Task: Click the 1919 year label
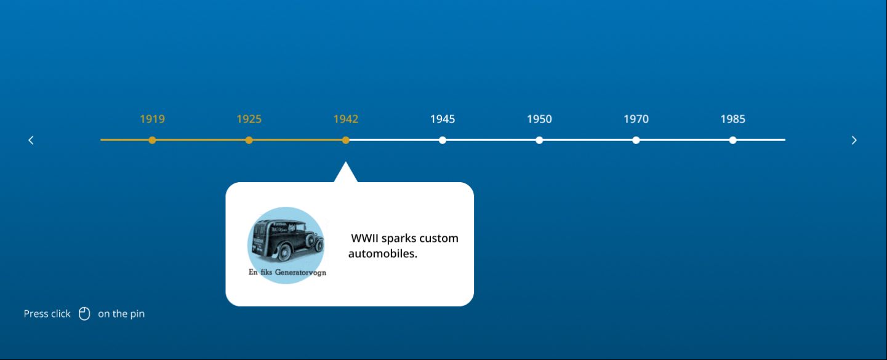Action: point(152,119)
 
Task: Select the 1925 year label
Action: point(249,119)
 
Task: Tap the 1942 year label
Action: point(345,119)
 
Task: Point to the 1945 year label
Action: point(442,119)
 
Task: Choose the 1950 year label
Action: point(539,119)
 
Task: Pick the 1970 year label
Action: point(636,119)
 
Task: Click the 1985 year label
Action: point(732,119)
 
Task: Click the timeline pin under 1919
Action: point(152,140)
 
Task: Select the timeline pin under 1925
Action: point(249,140)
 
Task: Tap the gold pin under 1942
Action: point(346,140)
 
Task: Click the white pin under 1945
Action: point(443,140)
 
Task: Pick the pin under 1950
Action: point(539,140)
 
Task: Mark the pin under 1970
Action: point(636,140)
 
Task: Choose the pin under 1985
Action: point(732,140)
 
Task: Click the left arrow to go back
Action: point(31,140)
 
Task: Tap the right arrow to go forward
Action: point(854,140)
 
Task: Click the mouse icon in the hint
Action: point(84,314)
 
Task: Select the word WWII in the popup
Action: point(364,239)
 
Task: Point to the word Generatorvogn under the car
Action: point(300,273)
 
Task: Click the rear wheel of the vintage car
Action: point(285,252)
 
